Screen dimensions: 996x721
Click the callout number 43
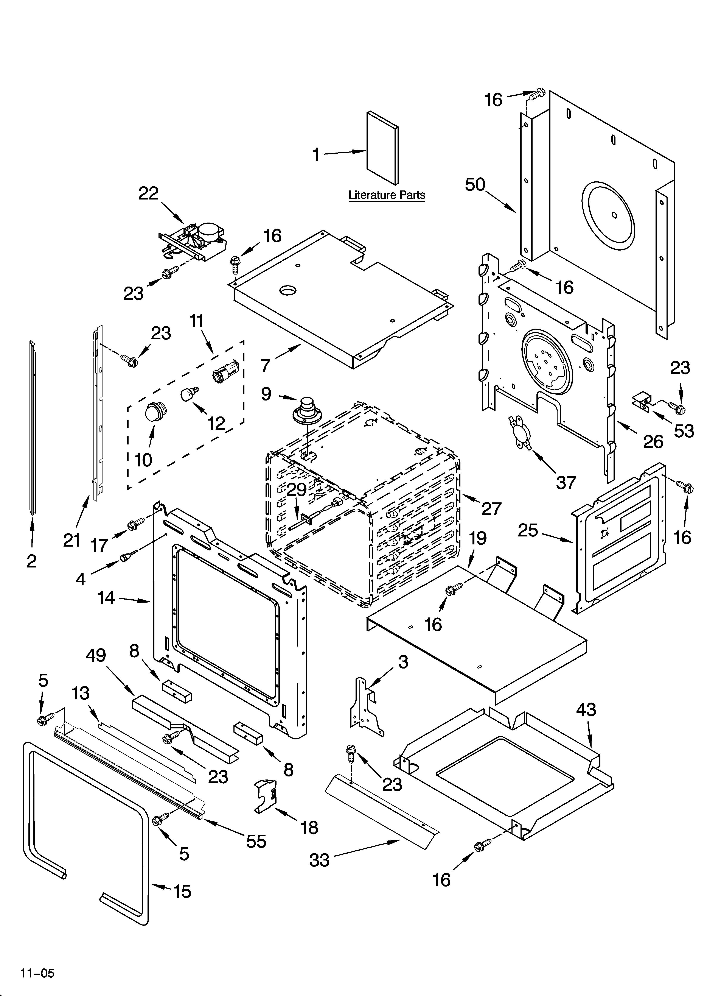tap(586, 710)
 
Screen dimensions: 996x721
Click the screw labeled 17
tap(135, 524)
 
